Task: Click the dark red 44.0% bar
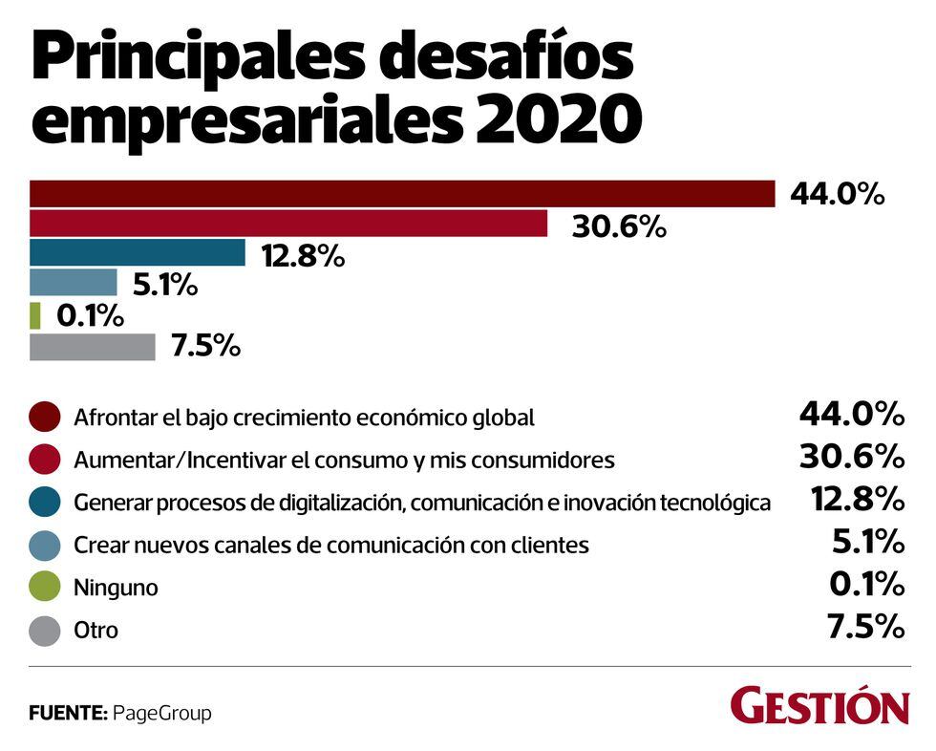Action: (x=401, y=194)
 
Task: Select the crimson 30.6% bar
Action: (x=288, y=224)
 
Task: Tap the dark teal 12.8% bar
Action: (x=138, y=253)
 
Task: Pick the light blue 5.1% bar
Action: (x=74, y=283)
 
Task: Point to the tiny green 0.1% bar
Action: (x=35, y=314)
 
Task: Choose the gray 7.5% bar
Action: (x=93, y=347)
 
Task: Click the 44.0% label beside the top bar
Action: (x=838, y=195)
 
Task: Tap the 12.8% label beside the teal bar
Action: (x=304, y=257)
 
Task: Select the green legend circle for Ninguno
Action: (x=44, y=587)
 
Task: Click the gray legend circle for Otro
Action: (x=44, y=630)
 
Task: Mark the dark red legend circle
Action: (x=44, y=417)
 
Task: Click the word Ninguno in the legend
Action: (x=116, y=588)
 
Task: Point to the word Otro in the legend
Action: (x=96, y=631)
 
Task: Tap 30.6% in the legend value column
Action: (x=851, y=457)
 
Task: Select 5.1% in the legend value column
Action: (x=867, y=543)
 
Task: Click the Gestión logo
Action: (x=819, y=707)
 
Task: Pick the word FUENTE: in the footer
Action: (x=68, y=713)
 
